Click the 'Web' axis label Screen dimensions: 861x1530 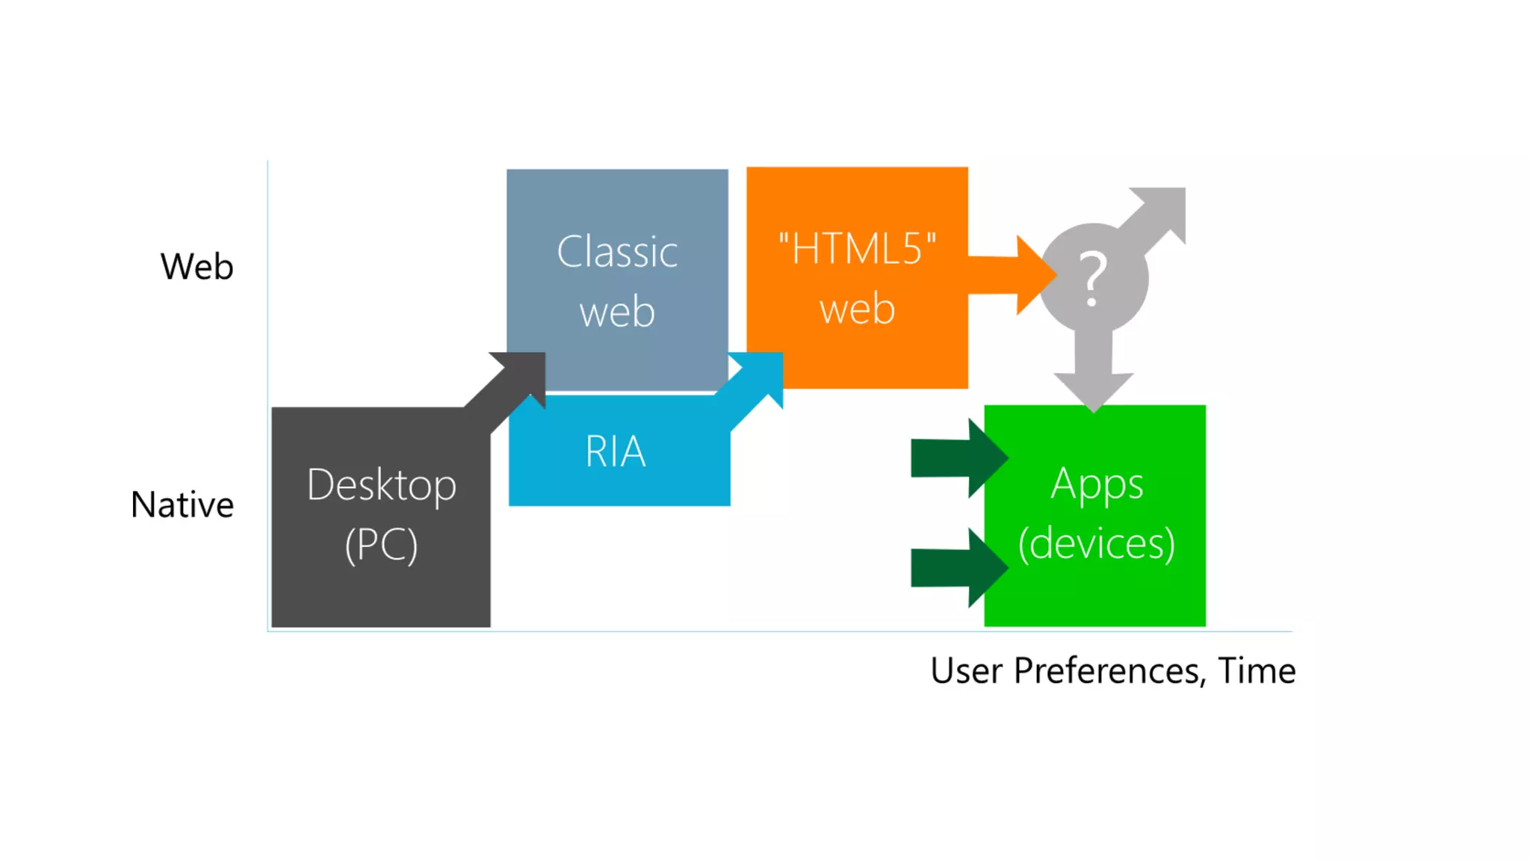[196, 267]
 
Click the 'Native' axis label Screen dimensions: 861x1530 [182, 504]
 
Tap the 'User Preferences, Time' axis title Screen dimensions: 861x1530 [1112, 670]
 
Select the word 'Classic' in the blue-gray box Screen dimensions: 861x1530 [617, 252]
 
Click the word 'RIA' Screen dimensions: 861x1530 [616, 451]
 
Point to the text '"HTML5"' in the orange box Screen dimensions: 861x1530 [857, 249]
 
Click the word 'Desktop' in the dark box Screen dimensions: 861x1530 [381, 486]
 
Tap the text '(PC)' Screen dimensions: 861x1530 [381, 545]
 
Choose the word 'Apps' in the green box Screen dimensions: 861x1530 [1097, 484]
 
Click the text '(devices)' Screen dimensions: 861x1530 [1097, 543]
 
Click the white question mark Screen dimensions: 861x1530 [1092, 278]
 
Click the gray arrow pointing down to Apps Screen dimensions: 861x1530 [1094, 377]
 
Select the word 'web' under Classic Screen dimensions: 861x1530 [617, 312]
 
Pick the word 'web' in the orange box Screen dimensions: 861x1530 [857, 309]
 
